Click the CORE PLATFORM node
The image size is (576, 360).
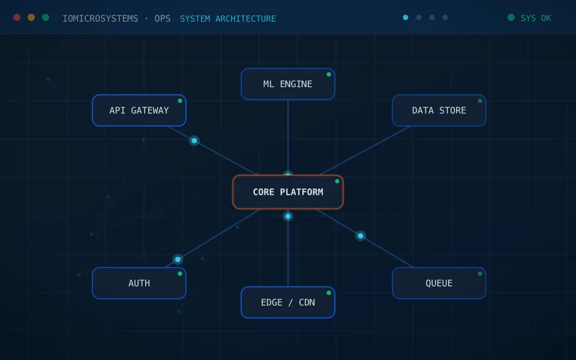pyautogui.click(x=288, y=192)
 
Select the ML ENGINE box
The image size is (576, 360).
pyautogui.click(x=288, y=84)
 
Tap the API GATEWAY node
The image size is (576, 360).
pyautogui.click(x=139, y=110)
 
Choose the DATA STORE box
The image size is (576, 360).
pyautogui.click(x=439, y=110)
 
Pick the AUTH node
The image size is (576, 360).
pyautogui.click(x=139, y=283)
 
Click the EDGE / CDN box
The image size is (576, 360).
pyautogui.click(x=288, y=302)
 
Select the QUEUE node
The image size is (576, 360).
pyautogui.click(x=439, y=283)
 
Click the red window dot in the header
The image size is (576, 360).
pyautogui.click(x=17, y=17)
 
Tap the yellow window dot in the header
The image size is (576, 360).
pyautogui.click(x=31, y=17)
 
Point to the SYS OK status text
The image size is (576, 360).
pyautogui.click(x=536, y=19)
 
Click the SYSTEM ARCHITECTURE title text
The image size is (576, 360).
pyautogui.click(x=228, y=19)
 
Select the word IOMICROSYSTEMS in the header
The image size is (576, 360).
pyautogui.click(x=100, y=19)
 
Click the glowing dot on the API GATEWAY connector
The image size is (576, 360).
pyautogui.click(x=194, y=140)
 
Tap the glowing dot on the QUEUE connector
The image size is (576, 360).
pyautogui.click(x=361, y=236)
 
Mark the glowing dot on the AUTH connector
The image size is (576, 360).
pyautogui.click(x=178, y=259)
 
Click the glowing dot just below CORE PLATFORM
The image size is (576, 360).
pyautogui.click(x=288, y=217)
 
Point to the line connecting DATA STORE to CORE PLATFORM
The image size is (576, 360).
pyautogui.click(x=365, y=151)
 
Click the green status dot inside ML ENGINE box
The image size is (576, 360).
pyautogui.click(x=329, y=74)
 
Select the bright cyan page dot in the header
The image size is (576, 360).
pyautogui.click(x=406, y=17)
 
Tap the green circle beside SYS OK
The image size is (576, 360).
pyautogui.click(x=511, y=17)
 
